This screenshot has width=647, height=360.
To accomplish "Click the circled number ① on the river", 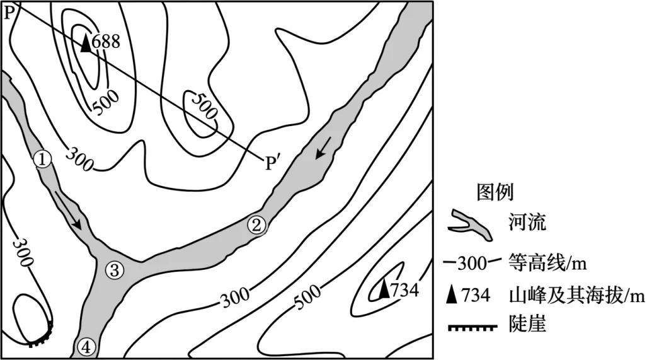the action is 42,160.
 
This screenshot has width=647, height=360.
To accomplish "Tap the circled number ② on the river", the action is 256,226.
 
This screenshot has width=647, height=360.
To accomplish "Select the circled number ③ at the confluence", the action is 114,270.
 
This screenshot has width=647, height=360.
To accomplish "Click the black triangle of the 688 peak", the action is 86,43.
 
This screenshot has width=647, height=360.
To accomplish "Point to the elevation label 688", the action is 106,42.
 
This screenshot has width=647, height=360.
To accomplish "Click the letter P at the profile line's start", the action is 8,13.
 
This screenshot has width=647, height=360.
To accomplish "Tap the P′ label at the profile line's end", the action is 272,163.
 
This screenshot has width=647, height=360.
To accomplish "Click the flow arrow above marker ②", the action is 323,148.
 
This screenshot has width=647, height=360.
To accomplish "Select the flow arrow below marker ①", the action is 67,210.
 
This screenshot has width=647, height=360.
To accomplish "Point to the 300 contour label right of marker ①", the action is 79,159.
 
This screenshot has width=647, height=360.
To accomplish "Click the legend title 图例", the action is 495,192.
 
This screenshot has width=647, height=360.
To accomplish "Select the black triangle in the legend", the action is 452,294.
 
